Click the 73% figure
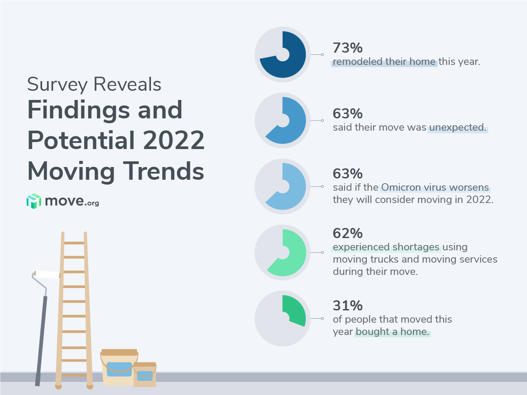click(x=348, y=47)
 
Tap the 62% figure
click(x=348, y=233)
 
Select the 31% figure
click(x=348, y=305)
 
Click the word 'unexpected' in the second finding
click(x=458, y=128)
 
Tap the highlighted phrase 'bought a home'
click(x=392, y=332)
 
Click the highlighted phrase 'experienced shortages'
click(x=387, y=247)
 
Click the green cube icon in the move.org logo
click(x=33, y=201)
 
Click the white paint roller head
click(x=47, y=274)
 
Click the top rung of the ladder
click(x=74, y=242)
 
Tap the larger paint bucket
click(x=119, y=367)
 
